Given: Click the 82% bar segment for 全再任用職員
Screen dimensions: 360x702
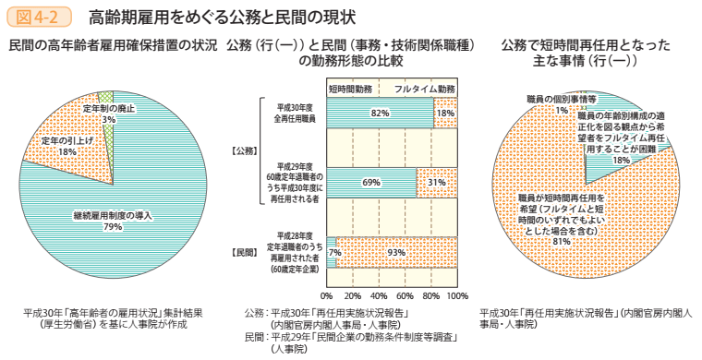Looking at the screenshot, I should (379, 113).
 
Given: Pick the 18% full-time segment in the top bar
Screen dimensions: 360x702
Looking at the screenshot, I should (445, 113).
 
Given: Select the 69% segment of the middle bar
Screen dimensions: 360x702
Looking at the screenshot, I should (371, 183).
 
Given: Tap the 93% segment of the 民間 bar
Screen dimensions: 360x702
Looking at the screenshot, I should (397, 252).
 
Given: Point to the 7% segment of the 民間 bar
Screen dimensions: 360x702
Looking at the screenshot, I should (332, 252).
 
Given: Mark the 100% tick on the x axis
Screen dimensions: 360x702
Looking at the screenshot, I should (456, 296).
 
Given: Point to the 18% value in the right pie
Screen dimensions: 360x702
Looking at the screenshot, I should (621, 159).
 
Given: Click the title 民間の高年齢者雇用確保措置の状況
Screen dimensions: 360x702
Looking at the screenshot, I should (112, 45).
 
